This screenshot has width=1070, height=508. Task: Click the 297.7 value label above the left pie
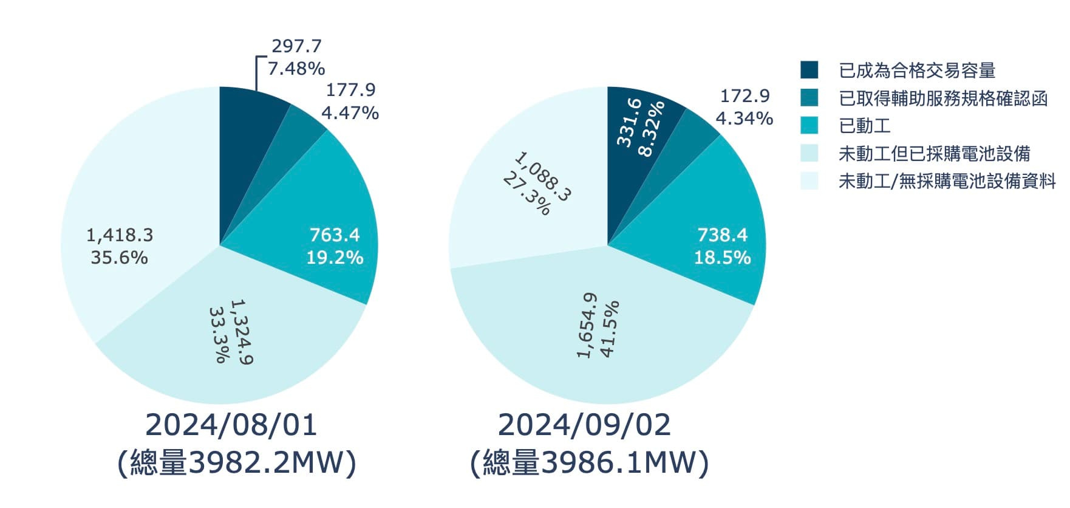[x=296, y=46]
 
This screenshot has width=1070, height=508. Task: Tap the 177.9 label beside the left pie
[x=350, y=90]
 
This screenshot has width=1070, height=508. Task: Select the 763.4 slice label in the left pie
[x=335, y=235]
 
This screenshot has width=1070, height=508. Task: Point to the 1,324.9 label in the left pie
[x=242, y=332]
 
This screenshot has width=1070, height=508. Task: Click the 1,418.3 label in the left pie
[x=120, y=235]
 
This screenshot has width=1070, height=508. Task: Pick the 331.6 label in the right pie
[x=629, y=122]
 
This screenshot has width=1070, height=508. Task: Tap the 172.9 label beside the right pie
[x=745, y=96]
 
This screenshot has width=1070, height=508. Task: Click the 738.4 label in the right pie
[x=723, y=235]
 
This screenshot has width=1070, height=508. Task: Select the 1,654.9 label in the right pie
[x=587, y=326]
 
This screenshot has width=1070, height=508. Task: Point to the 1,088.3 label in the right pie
[x=543, y=177]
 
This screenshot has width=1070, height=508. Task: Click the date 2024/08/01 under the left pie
[x=231, y=425]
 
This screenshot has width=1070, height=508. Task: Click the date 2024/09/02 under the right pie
[x=584, y=425]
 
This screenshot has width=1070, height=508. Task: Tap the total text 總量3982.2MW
[x=236, y=464]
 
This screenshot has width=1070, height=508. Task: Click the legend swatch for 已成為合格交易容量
[x=809, y=70]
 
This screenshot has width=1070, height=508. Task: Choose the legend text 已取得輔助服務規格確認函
[x=943, y=98]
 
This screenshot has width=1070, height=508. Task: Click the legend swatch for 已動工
[x=809, y=126]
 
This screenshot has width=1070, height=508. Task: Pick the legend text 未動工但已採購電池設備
[x=934, y=154]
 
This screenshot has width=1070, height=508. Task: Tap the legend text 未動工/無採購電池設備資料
[x=947, y=181]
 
